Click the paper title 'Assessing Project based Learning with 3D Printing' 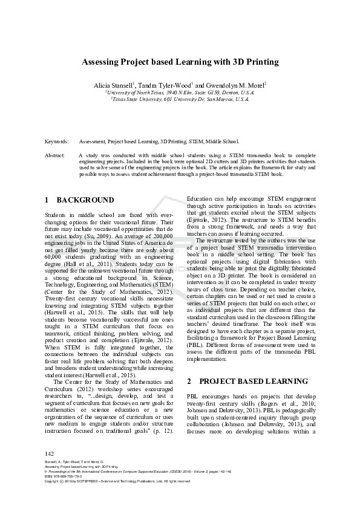[x=180, y=61]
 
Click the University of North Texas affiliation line [x=180, y=92]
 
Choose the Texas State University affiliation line [x=180, y=99]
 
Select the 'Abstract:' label [x=55, y=155]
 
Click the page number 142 [x=50, y=470]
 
